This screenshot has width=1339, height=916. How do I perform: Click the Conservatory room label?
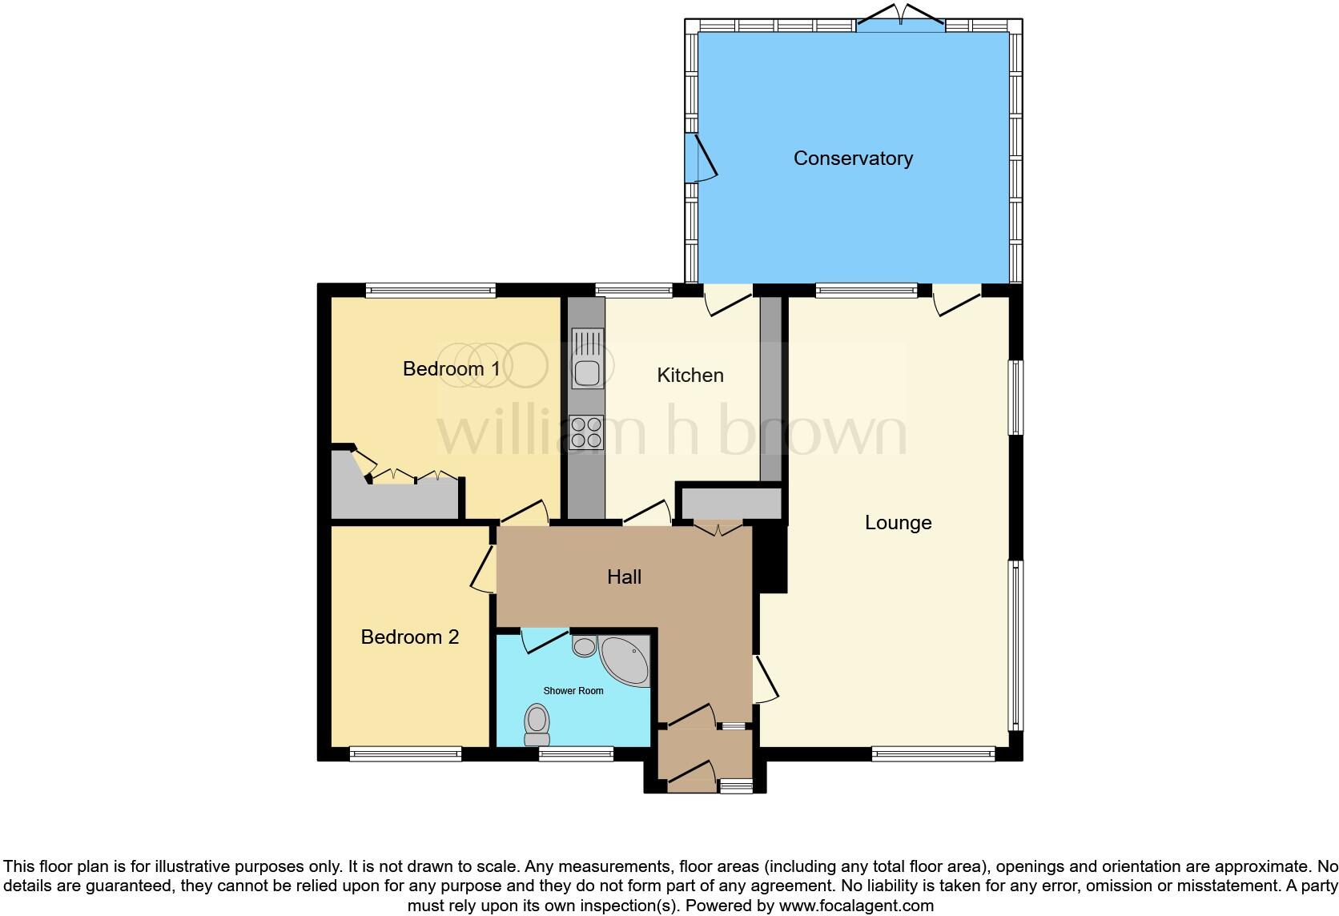coord(853,159)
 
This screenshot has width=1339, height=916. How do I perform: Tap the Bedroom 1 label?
coord(452,369)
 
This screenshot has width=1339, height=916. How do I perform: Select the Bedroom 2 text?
coord(409,637)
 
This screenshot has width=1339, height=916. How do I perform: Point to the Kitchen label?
coord(690,376)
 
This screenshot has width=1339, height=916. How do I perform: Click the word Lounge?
coord(898,523)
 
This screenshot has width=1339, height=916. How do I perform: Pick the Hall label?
coord(624,577)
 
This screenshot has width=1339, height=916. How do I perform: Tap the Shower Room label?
coord(573,691)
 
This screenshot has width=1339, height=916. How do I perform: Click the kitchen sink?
coord(587,362)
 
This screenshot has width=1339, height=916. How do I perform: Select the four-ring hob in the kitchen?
coord(586,432)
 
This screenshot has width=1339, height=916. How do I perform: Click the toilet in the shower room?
coord(537,725)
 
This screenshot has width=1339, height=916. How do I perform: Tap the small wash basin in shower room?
coord(585,645)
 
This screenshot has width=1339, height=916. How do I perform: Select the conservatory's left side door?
coord(702,158)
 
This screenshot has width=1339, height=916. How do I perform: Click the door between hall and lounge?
coord(764,681)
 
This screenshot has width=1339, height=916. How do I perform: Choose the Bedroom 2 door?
coord(483,569)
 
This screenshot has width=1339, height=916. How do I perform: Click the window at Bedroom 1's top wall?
coord(431,291)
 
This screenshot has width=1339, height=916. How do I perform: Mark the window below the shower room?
coord(576,753)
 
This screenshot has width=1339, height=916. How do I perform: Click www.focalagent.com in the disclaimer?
coord(856,906)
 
